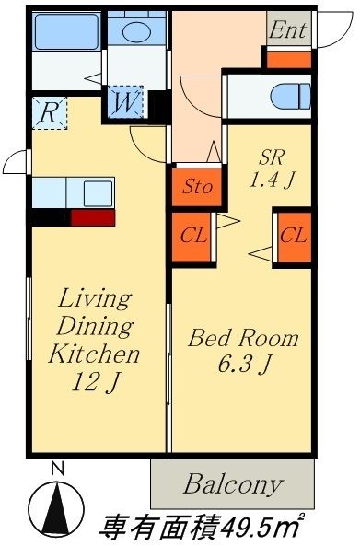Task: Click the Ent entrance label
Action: (x=287, y=30)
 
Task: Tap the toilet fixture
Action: (x=290, y=96)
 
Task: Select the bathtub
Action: (x=66, y=31)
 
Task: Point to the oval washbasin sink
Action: (x=136, y=31)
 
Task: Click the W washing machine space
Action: (x=125, y=102)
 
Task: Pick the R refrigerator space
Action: (x=49, y=113)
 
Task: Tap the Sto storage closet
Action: (x=197, y=187)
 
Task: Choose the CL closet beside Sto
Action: (x=192, y=237)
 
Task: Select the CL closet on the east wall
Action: (x=294, y=237)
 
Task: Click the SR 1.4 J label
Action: (x=272, y=168)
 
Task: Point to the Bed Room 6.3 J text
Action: (x=243, y=351)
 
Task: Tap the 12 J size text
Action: (x=95, y=382)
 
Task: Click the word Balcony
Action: (x=233, y=484)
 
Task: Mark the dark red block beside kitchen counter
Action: (x=93, y=217)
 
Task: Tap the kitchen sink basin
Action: (x=99, y=193)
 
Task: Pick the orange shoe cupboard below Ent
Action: (x=288, y=60)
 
